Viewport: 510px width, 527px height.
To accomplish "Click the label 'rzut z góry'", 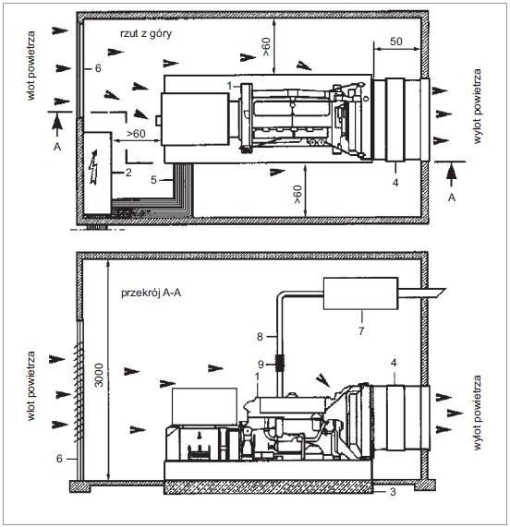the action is pos(146,33).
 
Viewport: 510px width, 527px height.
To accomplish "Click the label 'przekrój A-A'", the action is pos(151,293).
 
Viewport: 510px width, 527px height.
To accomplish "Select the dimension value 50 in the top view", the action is pos(396,42).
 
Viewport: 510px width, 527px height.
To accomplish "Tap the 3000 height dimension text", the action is pos(99,375).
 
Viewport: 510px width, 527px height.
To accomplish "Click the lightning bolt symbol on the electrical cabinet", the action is pos(94,167).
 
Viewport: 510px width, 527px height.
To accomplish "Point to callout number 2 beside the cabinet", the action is pos(128,173).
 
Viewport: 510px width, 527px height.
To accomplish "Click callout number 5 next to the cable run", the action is pos(153,180).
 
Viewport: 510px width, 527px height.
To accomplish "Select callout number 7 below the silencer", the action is pos(361,331).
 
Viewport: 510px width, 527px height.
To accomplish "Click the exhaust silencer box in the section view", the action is pos(360,293).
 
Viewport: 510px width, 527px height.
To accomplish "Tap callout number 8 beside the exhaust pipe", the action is pos(260,337).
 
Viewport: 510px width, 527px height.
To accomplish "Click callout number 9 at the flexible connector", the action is pos(261,365).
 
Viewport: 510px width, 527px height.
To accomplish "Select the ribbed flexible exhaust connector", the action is pos(280,363).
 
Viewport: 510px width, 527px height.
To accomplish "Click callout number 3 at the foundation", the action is pos(393,492).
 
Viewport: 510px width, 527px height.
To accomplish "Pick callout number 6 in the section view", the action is pos(59,459).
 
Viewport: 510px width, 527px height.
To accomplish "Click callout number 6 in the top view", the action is pos(98,68).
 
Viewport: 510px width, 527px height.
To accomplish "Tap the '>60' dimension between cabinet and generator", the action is pos(136,134).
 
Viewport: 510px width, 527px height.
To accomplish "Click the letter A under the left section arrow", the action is pos(57,147).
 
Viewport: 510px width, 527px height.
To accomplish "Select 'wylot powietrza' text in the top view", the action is pos(477,106).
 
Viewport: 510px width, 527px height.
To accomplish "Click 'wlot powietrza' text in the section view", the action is pos(30,386).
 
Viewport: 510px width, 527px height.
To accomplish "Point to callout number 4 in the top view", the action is pos(395,183).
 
